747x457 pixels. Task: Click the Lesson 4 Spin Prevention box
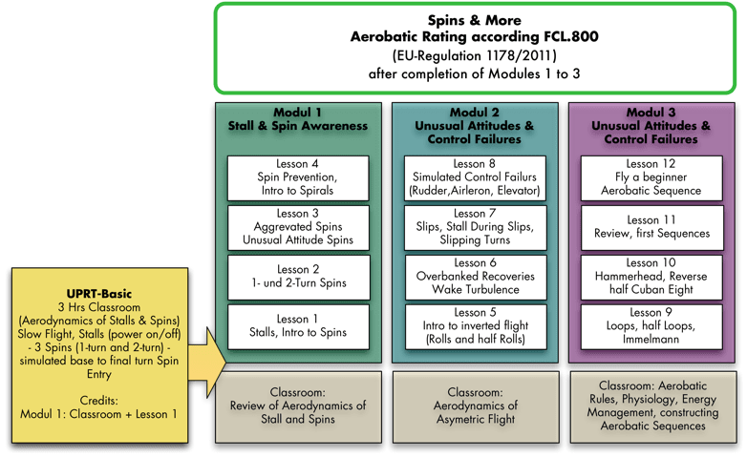tap(298, 178)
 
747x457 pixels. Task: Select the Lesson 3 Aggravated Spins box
tap(298, 228)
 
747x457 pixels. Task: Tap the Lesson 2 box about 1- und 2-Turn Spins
tap(298, 278)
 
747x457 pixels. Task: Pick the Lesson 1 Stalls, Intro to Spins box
tap(298, 327)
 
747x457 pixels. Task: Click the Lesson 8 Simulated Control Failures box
tap(475, 178)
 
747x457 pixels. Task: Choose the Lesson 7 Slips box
tap(475, 228)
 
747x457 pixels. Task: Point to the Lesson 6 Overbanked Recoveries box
tap(476, 278)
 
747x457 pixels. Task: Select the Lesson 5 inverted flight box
tap(476, 327)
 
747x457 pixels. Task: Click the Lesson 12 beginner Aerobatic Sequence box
tap(651, 178)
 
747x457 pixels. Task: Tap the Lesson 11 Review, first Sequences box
tap(651, 228)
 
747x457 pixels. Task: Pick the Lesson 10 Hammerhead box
tap(651, 278)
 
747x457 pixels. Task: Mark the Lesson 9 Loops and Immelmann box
tap(651, 327)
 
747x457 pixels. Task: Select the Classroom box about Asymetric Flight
tap(476, 407)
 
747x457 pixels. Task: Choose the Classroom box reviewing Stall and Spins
tap(298, 407)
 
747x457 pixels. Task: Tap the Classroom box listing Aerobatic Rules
tap(653, 407)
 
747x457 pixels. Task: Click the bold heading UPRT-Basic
tap(99, 294)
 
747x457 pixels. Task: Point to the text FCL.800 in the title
tap(571, 36)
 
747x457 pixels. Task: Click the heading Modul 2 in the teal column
tap(475, 113)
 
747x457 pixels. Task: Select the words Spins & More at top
tap(475, 20)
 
